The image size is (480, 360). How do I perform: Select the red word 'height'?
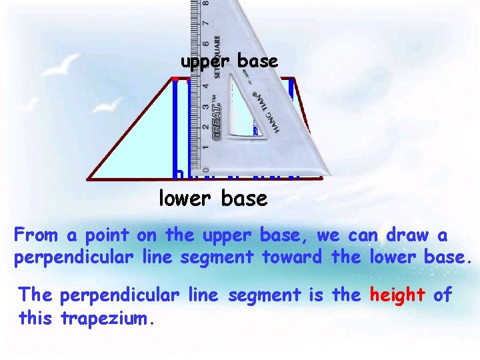click(397, 294)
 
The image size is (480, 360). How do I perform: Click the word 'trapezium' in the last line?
click(108, 318)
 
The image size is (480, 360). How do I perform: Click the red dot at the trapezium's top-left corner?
click(175, 79)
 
